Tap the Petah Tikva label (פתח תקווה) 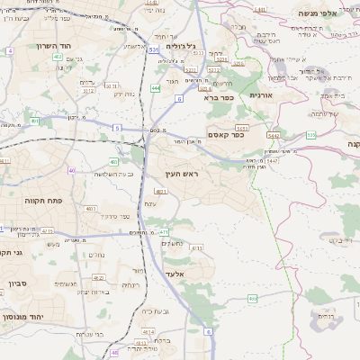(x=40, y=201)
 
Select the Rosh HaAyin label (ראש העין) (x=182, y=173)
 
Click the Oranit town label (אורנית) (x=260, y=94)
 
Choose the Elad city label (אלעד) (x=175, y=274)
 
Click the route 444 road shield (x=156, y=88)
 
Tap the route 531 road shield (x=155, y=50)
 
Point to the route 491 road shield (x=34, y=120)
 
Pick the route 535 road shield (x=310, y=134)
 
